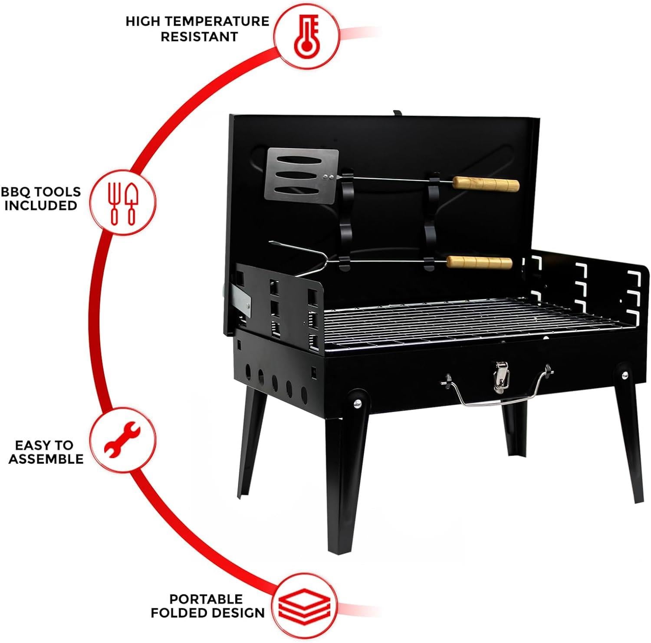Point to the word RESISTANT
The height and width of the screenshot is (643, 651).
[x=199, y=36]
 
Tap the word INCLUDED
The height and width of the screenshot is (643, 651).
[x=41, y=205]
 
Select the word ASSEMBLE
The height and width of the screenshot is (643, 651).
[x=46, y=459]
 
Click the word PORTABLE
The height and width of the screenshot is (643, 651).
[x=206, y=599]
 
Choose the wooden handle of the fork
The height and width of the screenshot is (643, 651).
[x=480, y=262]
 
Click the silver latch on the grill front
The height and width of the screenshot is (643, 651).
[x=501, y=376]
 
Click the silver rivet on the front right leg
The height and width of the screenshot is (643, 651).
[x=625, y=375]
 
